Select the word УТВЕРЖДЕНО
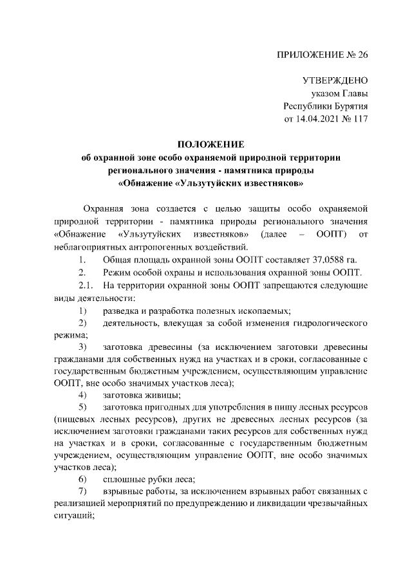(335, 82)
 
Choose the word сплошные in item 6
(122, 479)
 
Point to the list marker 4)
(82, 394)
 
